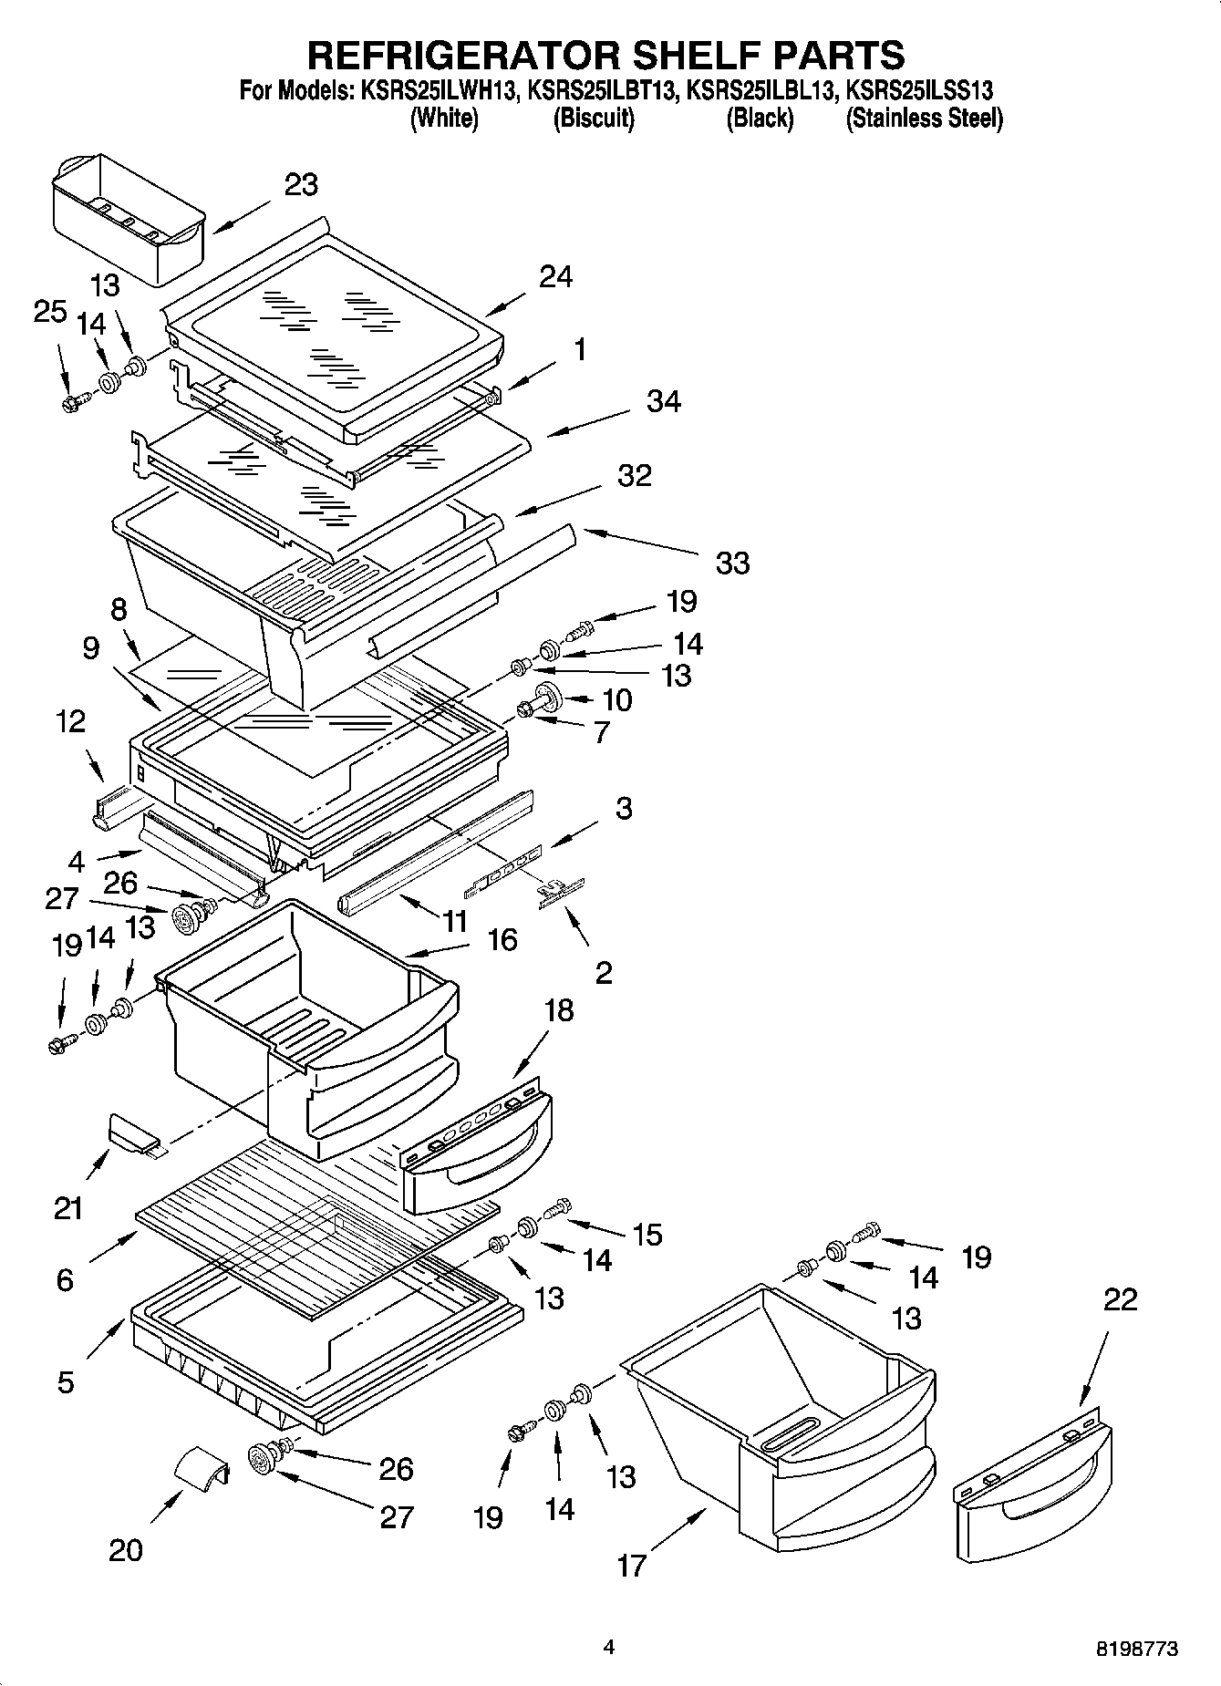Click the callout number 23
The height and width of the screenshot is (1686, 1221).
tap(301, 185)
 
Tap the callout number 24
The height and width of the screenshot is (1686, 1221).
tap(555, 276)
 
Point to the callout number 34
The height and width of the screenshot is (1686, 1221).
tap(663, 401)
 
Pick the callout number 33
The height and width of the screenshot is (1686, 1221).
tap(732, 563)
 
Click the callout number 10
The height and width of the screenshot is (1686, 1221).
tap(617, 700)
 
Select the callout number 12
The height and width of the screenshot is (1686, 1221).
tap(70, 721)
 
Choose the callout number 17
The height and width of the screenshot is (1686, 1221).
tap(631, 1566)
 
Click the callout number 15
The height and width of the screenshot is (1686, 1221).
tap(647, 1235)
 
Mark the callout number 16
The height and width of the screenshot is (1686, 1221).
tap(502, 939)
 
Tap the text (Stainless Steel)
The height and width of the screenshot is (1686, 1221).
tap(924, 119)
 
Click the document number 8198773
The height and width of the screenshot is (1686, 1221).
tap(1136, 1649)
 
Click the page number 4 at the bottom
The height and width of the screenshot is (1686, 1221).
tap(609, 1647)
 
